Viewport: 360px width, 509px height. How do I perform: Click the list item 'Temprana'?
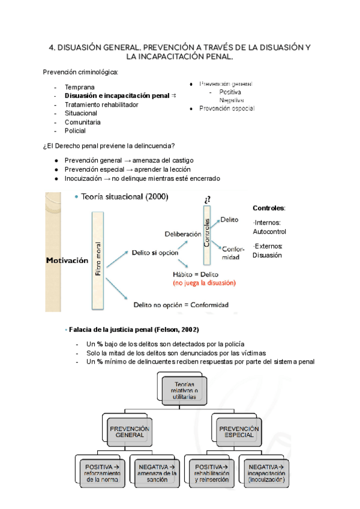[79, 87]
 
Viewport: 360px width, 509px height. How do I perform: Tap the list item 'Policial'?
[75, 130]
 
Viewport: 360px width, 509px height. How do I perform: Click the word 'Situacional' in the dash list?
[80, 113]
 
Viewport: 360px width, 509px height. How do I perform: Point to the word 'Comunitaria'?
[82, 122]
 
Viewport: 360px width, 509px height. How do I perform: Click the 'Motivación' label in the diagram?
[67, 261]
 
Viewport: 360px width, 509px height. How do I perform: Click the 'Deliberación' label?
[182, 233]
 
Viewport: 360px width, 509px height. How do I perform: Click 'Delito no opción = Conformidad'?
[181, 305]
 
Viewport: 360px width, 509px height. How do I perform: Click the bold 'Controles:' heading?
[269, 208]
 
